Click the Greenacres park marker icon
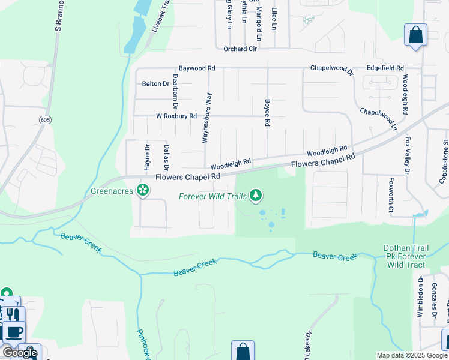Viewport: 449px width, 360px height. [x=143, y=191]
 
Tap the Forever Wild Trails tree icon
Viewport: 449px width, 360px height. [x=256, y=195]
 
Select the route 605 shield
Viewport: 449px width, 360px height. [x=45, y=120]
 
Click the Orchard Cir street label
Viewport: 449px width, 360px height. [x=240, y=49]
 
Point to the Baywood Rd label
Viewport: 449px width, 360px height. [x=196, y=69]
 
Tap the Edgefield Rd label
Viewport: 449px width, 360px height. [x=385, y=68]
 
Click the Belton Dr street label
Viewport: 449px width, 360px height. [x=155, y=83]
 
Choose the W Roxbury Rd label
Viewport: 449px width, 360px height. [x=176, y=116]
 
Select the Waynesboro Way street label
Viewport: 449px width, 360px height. [x=206, y=117]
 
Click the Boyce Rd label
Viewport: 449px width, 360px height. [x=267, y=112]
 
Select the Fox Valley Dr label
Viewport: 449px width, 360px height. [x=409, y=156]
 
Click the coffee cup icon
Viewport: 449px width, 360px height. [x=14, y=332]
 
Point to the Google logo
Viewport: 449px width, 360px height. [x=20, y=353]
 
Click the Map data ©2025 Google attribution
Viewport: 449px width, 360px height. [x=412, y=355]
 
